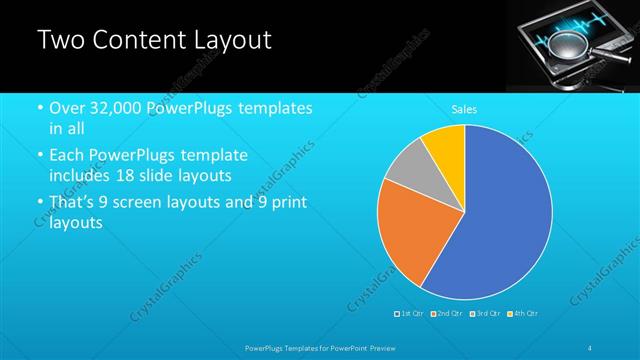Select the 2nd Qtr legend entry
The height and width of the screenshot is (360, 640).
point(445,313)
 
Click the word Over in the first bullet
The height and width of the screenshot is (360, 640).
point(66,108)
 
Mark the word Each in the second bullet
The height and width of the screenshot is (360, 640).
point(66,156)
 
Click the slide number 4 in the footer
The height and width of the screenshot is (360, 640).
point(590,347)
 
